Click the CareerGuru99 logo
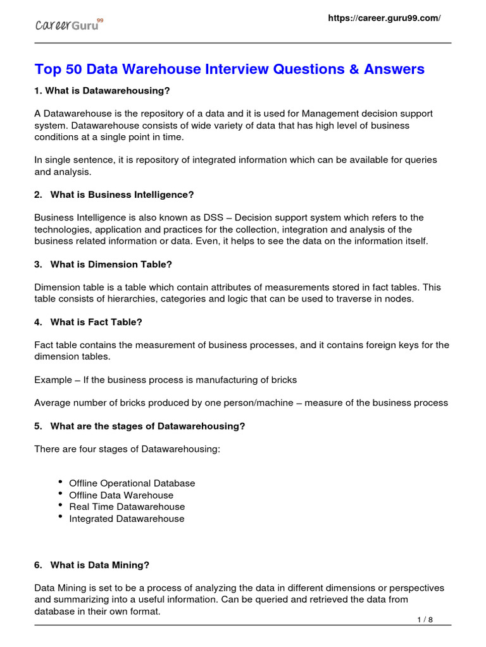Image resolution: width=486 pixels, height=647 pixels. coord(68,26)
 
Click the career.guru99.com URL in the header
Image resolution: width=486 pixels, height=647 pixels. coord(383,18)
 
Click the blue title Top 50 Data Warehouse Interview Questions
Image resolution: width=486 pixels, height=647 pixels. coord(229,69)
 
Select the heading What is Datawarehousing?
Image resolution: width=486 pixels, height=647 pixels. coord(102,91)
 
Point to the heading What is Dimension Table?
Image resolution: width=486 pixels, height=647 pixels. coord(111,264)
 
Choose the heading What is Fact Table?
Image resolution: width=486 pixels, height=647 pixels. coord(96,322)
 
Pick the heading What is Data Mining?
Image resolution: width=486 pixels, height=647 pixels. coord(99,565)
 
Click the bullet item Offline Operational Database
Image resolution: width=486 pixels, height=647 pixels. coord(132,483)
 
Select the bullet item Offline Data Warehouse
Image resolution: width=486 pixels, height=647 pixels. coord(121,495)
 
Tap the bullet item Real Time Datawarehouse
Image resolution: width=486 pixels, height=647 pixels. coord(127,507)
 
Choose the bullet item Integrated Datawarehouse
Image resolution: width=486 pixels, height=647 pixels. coord(127,519)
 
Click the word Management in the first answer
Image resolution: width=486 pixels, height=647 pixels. coord(330,114)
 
